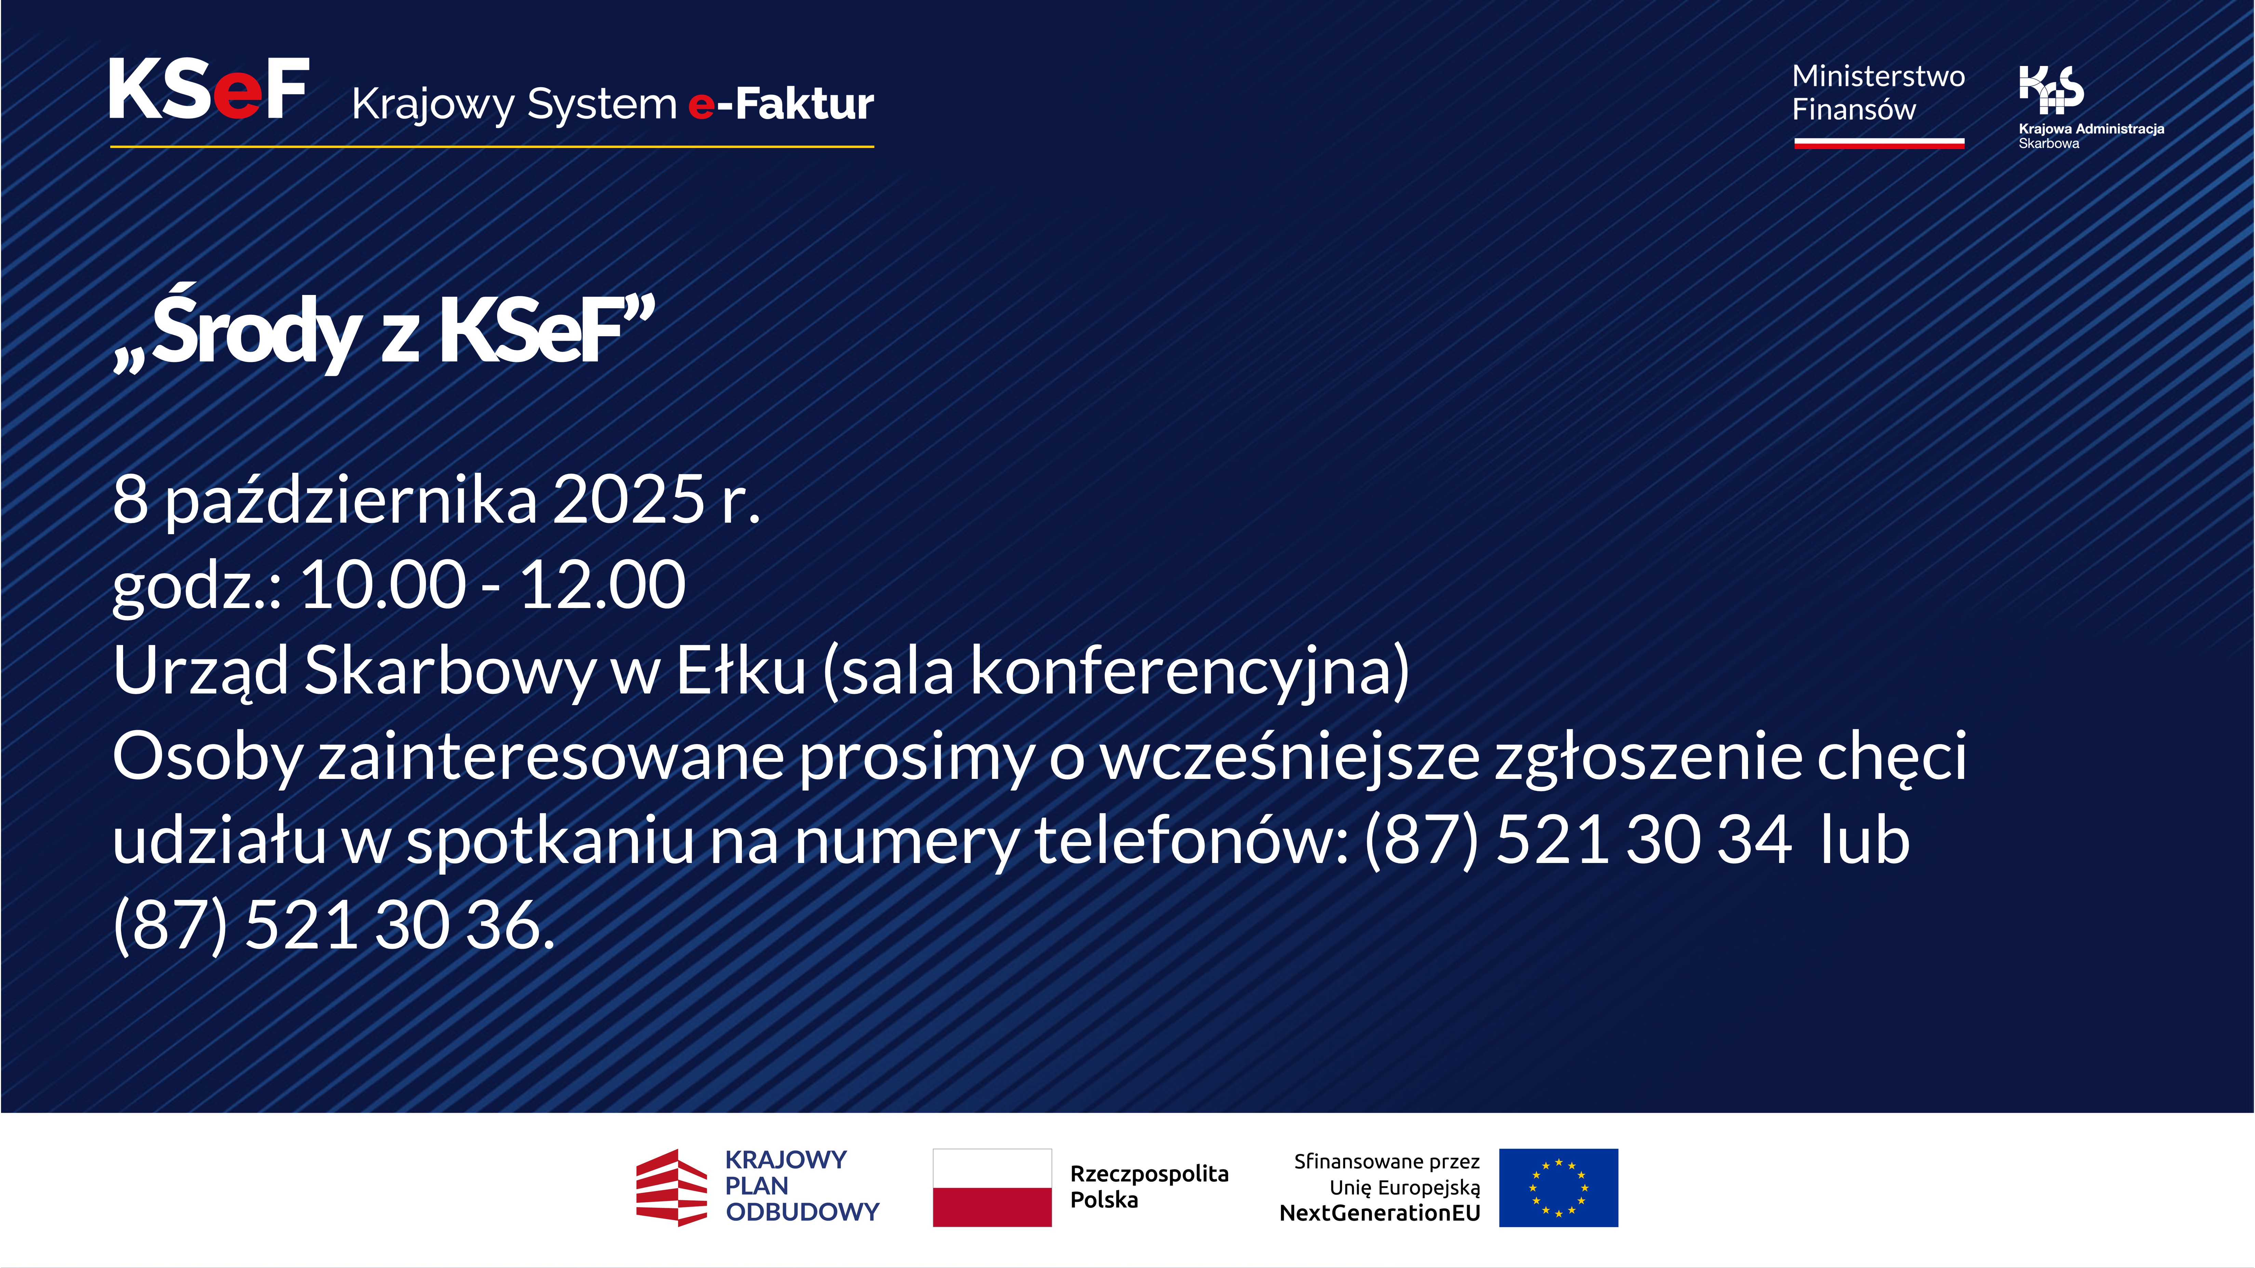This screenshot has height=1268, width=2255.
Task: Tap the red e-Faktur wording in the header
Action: click(781, 104)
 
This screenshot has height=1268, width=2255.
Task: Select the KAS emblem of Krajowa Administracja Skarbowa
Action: click(2051, 89)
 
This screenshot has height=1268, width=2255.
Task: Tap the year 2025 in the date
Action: click(628, 500)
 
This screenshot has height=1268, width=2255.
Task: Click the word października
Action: click(351, 500)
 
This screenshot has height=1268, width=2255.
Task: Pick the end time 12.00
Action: click(602, 584)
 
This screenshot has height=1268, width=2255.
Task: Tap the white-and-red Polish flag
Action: click(992, 1187)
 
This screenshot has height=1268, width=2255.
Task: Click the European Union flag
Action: click(1558, 1187)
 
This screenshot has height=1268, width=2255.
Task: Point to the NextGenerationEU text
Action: click(1379, 1213)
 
